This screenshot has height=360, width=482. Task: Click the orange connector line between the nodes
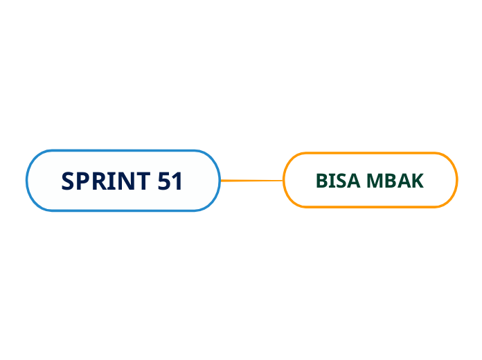[251, 181]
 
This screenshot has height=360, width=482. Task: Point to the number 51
[170, 181]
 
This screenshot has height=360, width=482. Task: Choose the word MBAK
[395, 181]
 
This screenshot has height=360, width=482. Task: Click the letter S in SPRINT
[68, 181]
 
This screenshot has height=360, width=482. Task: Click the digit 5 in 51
[164, 181]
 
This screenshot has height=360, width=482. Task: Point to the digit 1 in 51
[177, 181]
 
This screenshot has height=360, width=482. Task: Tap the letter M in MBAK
[375, 181]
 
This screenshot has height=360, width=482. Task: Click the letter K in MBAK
[417, 181]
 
